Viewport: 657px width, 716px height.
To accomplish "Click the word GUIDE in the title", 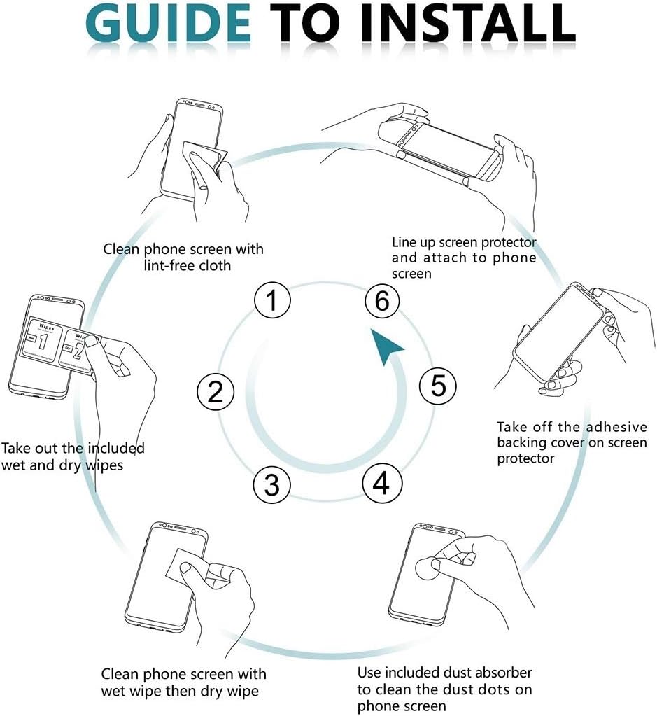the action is click(x=172, y=23).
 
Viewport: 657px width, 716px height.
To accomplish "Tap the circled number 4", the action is click(x=381, y=483).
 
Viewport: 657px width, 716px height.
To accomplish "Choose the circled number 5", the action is click(x=438, y=386).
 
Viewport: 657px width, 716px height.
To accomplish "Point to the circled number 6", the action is click(x=381, y=302).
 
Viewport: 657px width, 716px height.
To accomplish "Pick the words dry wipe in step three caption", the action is click(x=227, y=692).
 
